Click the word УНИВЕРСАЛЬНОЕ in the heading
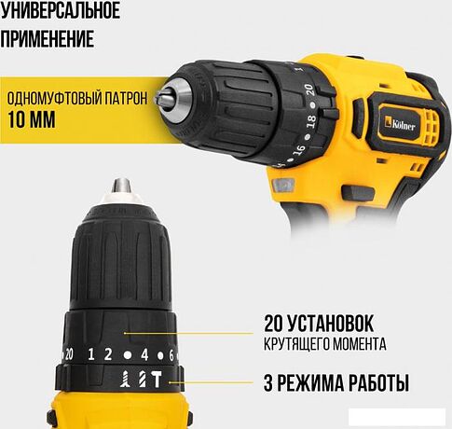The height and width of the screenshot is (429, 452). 60,12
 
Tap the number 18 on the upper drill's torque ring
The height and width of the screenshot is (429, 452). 300,122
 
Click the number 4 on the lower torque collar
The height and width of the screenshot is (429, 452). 144,354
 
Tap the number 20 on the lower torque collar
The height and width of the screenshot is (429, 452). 67,353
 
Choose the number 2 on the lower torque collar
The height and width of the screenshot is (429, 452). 108,354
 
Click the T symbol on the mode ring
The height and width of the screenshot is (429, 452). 156,381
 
